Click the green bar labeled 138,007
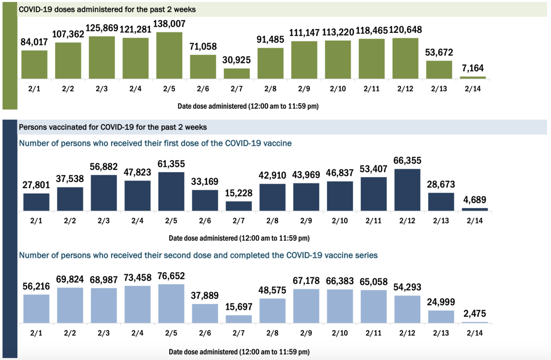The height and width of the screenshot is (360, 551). coord(169,55)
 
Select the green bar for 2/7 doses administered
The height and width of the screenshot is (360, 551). coord(237,74)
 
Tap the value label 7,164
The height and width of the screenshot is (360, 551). coord(473,69)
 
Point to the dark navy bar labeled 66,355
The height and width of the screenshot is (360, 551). coord(407,189)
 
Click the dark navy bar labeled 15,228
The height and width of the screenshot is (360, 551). coord(239,206)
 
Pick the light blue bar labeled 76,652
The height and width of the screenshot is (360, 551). coord(171,304)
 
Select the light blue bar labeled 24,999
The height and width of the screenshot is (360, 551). coord(441,317)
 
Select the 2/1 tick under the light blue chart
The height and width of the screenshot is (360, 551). coord(36,333)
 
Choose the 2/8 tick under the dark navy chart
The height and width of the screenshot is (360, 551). coord(272,221)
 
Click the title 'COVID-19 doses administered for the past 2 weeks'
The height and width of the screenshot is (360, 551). coord(107,9)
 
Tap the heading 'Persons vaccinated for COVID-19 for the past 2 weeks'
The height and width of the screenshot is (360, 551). coord(113,127)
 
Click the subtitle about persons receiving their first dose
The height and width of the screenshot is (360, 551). coord(155,143)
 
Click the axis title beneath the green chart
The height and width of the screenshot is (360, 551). coord(248,106)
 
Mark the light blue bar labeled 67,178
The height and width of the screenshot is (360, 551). coord(306,306)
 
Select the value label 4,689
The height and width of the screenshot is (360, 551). coord(475,200)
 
